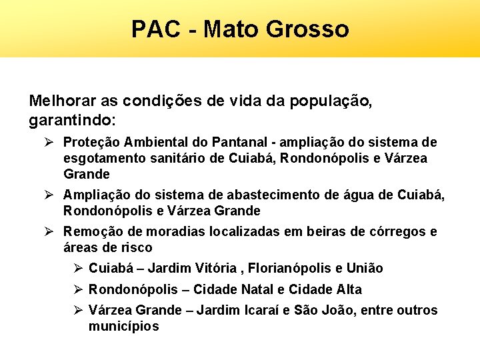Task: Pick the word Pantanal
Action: click(243, 142)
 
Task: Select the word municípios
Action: click(123, 327)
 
